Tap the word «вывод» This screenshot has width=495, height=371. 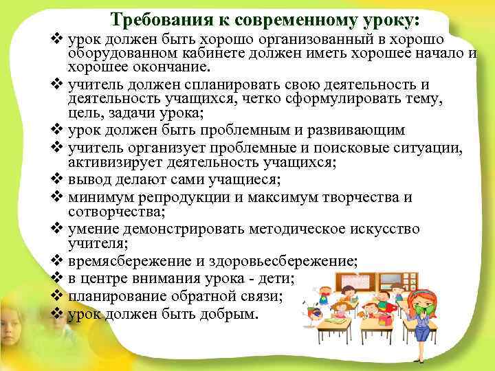[87, 180]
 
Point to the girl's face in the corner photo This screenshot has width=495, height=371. [14, 323]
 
